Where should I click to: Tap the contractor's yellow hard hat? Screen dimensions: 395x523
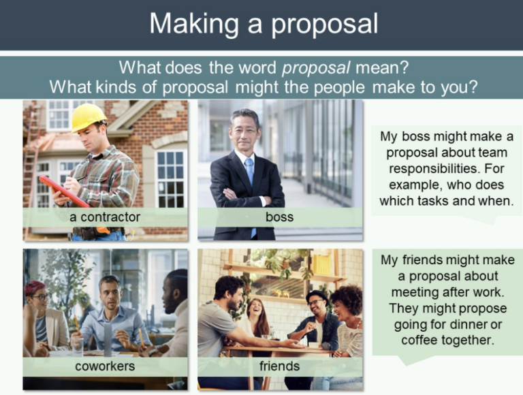point(88,116)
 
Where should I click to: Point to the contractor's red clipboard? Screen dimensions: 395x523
point(63,190)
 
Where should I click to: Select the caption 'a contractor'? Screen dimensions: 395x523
point(105,217)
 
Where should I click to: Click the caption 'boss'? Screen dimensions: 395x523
point(280,217)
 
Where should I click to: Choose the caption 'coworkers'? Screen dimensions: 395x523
point(105,366)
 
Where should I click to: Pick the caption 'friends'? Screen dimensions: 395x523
point(280,366)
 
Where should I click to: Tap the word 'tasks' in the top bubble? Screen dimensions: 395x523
point(442,201)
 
